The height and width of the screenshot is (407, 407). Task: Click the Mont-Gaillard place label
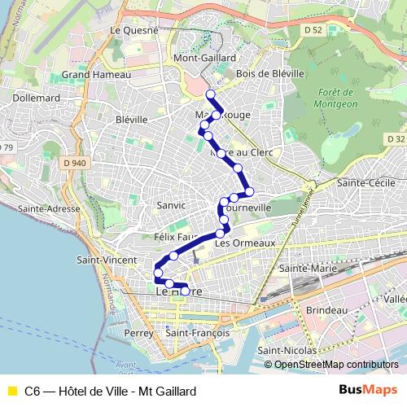click(204, 59)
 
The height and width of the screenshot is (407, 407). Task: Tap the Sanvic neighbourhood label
click(171, 205)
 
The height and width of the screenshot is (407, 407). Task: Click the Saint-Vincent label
click(106, 260)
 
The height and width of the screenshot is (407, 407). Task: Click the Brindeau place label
click(328, 311)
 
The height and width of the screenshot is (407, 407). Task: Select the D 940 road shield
click(73, 163)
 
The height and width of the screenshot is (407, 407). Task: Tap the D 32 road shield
click(396, 139)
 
